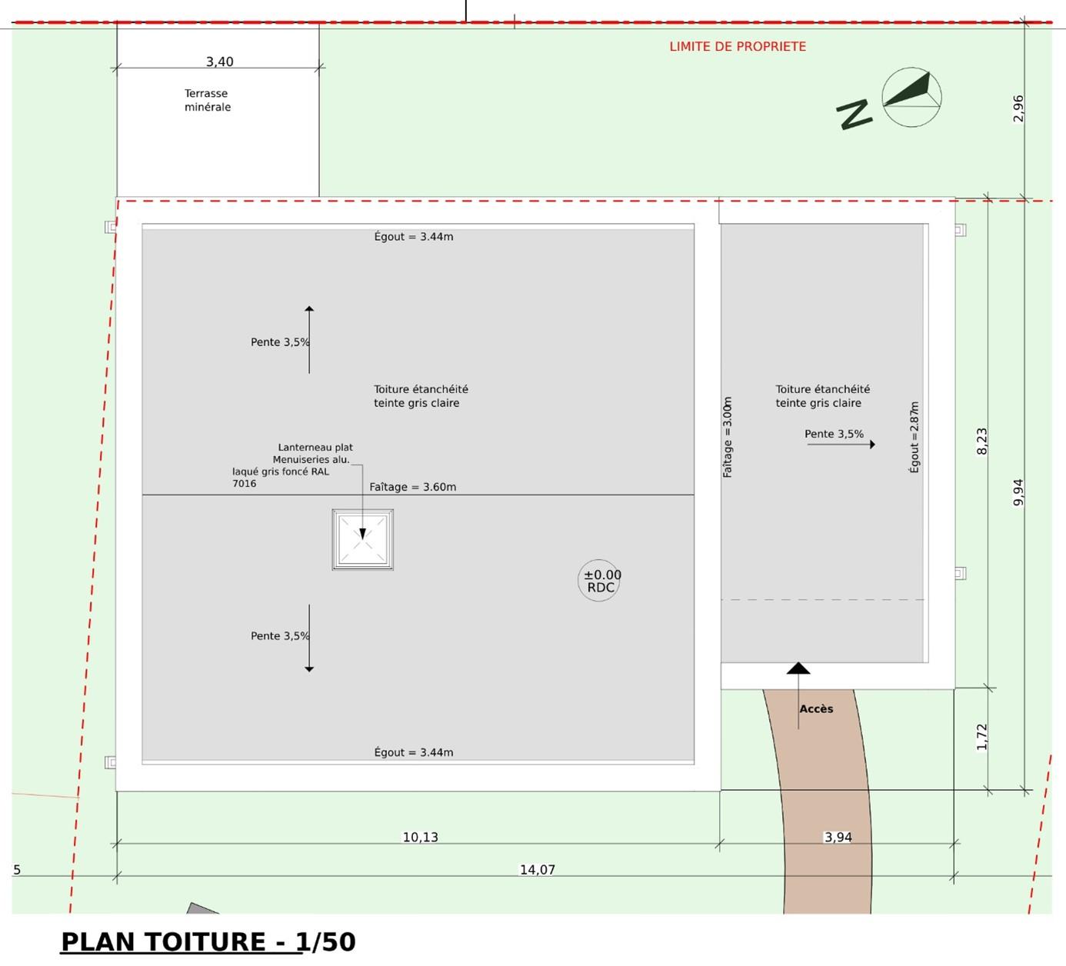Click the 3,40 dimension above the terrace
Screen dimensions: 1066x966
coord(219,62)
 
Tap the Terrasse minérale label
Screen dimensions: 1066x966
coord(207,100)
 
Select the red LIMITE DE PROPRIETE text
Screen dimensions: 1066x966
coord(738,47)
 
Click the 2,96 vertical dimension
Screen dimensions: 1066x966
coord(1018,108)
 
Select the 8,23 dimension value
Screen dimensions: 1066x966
coord(981,441)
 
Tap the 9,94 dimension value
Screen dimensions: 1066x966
coord(1018,493)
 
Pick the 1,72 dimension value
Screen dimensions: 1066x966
coord(981,737)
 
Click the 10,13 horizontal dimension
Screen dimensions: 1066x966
coord(421,838)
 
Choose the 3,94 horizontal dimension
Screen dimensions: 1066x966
coord(838,838)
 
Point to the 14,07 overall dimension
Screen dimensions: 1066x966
coord(538,870)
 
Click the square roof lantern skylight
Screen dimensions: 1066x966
coord(363,540)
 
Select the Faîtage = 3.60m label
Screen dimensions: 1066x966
coord(413,487)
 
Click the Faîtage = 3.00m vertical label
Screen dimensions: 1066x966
coord(727,437)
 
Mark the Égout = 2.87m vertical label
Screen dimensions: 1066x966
coord(914,437)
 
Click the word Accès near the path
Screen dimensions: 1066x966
coord(816,708)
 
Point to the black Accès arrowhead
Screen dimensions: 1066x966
coord(798,668)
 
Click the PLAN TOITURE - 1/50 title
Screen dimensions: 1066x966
coord(208,942)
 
